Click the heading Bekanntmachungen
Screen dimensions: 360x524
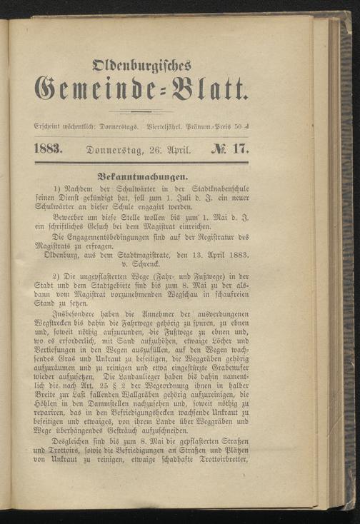142,175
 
